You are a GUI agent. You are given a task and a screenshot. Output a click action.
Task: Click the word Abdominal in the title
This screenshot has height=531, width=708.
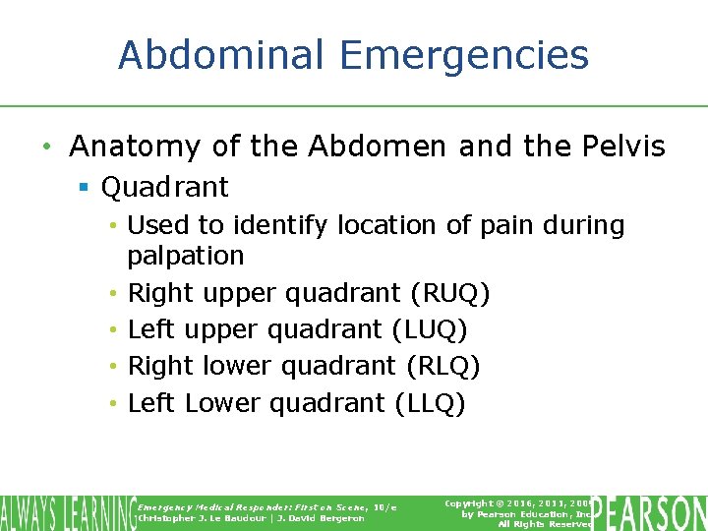coord(226,55)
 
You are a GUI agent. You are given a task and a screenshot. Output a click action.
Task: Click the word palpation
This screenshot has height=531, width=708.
coord(186,256)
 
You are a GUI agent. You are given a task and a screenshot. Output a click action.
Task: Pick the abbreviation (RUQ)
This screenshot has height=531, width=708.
coord(450,293)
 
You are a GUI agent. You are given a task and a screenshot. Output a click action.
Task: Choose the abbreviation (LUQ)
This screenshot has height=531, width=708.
coord(430,329)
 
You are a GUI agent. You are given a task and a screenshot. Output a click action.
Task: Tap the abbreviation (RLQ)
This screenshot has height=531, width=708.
coord(442,366)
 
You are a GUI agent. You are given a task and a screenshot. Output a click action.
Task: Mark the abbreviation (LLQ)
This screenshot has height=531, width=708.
coord(430,403)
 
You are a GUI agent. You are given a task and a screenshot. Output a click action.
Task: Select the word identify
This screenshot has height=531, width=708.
coord(265,226)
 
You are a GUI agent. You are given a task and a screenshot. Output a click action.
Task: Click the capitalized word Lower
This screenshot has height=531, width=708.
coord(222,403)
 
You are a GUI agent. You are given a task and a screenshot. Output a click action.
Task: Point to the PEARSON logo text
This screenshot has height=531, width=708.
coord(650,513)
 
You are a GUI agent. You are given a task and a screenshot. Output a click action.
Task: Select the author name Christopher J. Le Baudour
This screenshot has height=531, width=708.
coord(193,518)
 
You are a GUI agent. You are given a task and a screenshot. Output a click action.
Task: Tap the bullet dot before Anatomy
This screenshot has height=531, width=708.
coord(46,148)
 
